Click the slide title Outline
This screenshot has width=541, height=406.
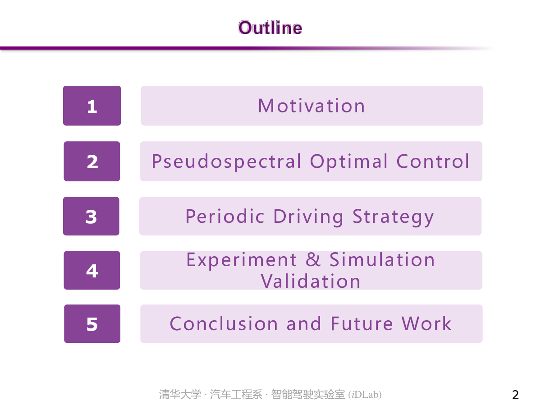click(x=270, y=28)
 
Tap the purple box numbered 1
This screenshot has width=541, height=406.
click(x=92, y=106)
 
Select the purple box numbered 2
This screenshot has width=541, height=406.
click(x=92, y=161)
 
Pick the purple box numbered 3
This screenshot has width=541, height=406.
click(x=91, y=216)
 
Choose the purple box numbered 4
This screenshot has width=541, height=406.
click(x=92, y=270)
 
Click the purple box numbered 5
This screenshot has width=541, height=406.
click(x=92, y=323)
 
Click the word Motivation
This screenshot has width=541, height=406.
click(x=311, y=106)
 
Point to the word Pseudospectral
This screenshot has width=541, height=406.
click(x=226, y=161)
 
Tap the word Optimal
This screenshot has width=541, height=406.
click(x=349, y=161)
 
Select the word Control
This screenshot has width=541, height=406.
click(x=433, y=161)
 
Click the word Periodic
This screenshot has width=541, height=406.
click(x=225, y=216)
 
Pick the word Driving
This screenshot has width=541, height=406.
click(x=308, y=217)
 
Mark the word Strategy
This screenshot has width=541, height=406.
click(x=393, y=217)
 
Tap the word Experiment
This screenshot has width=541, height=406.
click(x=242, y=260)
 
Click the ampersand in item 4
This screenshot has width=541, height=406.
click(x=313, y=259)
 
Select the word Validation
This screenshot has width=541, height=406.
click(x=311, y=281)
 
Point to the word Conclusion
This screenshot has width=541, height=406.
click(x=224, y=323)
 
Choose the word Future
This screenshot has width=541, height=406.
click(x=362, y=323)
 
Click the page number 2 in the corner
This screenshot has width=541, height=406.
click(x=515, y=395)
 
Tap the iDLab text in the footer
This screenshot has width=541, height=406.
click(x=365, y=395)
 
